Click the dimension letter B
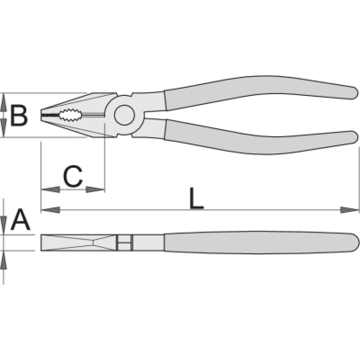19,116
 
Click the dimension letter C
72,176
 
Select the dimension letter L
196,198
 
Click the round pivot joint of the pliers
124,115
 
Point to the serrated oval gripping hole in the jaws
70,115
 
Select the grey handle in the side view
261,243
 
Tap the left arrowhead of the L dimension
50,210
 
